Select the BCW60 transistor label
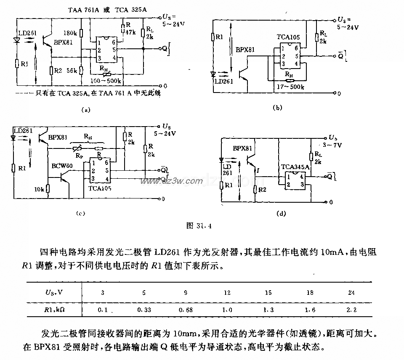tap(62, 166)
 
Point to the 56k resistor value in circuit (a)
tap(72, 71)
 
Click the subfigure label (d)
tap(281, 214)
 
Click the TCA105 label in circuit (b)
tap(288, 37)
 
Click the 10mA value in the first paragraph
tap(331, 253)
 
